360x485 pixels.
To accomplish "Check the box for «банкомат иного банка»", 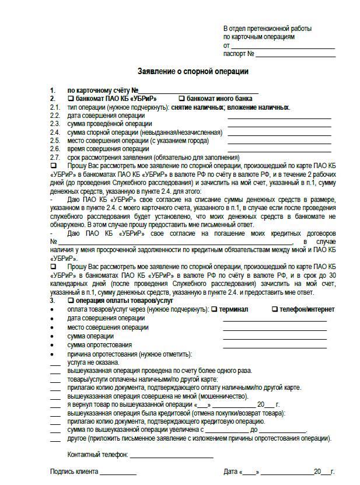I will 181,99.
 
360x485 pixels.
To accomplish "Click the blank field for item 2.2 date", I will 279,117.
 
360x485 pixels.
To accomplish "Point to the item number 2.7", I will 55,158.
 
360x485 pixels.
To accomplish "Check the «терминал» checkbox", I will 214,309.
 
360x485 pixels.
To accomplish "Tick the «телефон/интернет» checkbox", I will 275,309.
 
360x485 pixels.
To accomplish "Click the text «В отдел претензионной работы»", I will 267,29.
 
